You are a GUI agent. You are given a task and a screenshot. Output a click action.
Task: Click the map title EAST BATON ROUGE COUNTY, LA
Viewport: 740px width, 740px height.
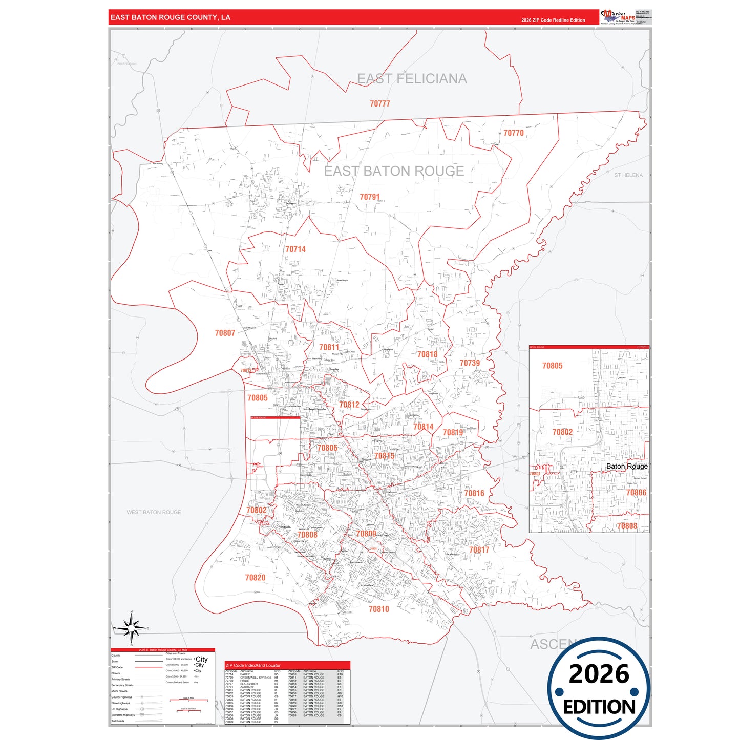click(x=171, y=17)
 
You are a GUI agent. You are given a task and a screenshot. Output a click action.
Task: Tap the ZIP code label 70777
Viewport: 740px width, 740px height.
click(x=380, y=103)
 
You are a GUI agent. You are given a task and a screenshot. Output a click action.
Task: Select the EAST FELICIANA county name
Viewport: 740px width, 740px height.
click(x=412, y=79)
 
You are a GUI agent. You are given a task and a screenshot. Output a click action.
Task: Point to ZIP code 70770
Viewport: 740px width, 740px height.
click(x=513, y=133)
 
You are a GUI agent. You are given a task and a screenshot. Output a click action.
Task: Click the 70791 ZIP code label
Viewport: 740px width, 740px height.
click(x=369, y=197)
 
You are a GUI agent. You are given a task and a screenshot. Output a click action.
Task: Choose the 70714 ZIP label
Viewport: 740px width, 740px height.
click(x=295, y=249)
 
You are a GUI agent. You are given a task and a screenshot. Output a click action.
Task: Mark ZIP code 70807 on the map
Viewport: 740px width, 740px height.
click(x=225, y=333)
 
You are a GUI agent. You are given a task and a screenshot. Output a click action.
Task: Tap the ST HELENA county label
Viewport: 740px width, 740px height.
click(x=628, y=175)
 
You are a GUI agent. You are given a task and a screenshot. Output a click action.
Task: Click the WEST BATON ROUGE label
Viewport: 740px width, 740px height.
click(x=154, y=512)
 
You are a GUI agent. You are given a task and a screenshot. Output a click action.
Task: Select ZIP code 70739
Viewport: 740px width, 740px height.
click(x=470, y=363)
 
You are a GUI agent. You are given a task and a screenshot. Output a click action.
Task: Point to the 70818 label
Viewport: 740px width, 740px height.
click(x=427, y=354)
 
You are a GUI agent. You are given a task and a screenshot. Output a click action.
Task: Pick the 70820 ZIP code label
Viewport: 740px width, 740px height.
click(x=255, y=578)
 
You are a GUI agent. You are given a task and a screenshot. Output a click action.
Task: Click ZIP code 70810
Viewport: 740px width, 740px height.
click(x=378, y=609)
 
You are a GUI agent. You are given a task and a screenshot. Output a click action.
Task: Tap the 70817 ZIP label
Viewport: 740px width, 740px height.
click(x=479, y=550)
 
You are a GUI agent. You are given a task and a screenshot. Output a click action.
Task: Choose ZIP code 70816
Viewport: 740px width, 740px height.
click(x=474, y=494)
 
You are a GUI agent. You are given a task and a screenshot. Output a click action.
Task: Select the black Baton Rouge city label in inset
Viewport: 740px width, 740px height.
click(x=626, y=467)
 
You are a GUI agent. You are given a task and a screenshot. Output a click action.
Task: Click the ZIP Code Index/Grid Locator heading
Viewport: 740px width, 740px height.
click(x=253, y=665)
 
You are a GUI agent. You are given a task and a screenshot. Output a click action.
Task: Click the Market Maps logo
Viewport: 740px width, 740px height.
click(x=618, y=16)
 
